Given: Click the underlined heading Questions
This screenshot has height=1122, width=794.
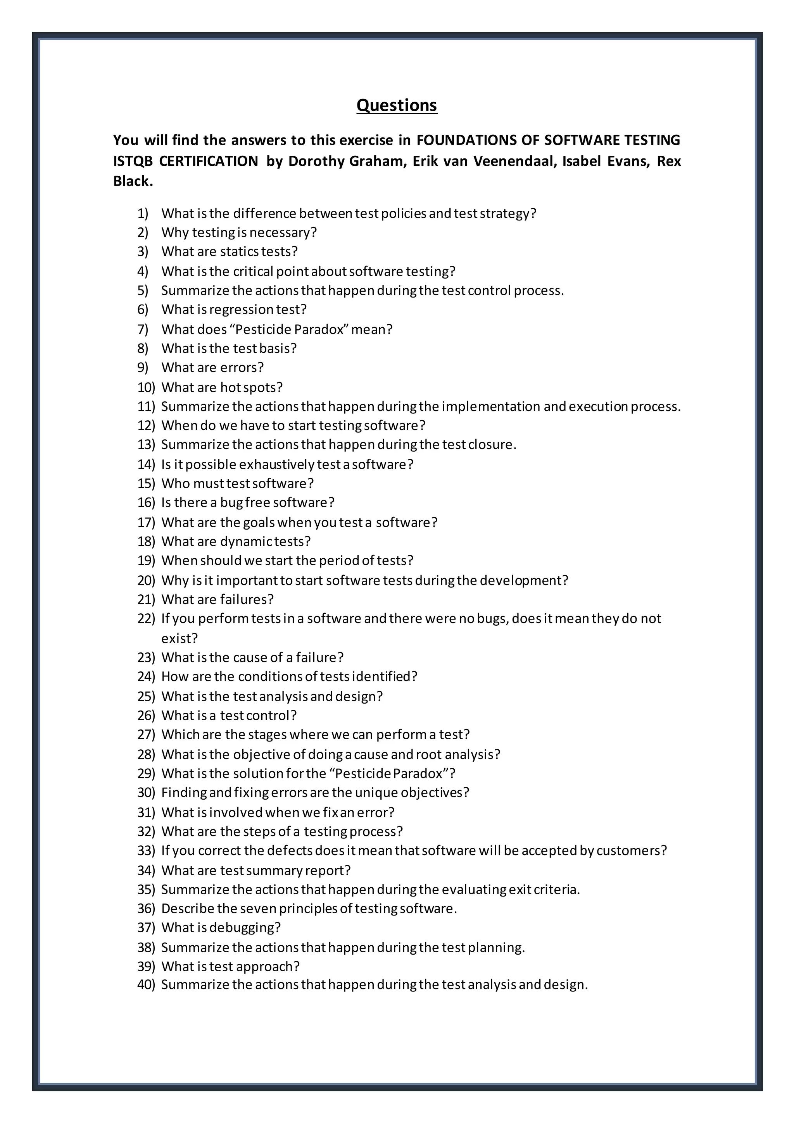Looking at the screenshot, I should click(x=397, y=105).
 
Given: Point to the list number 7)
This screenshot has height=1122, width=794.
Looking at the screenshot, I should click(x=143, y=329).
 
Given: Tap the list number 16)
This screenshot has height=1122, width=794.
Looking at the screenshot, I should click(x=146, y=502).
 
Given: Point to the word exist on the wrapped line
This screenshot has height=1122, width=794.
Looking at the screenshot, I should click(x=178, y=638).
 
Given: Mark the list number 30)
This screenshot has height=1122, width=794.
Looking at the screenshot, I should click(x=146, y=792).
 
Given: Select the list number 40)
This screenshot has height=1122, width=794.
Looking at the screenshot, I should click(x=146, y=985).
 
